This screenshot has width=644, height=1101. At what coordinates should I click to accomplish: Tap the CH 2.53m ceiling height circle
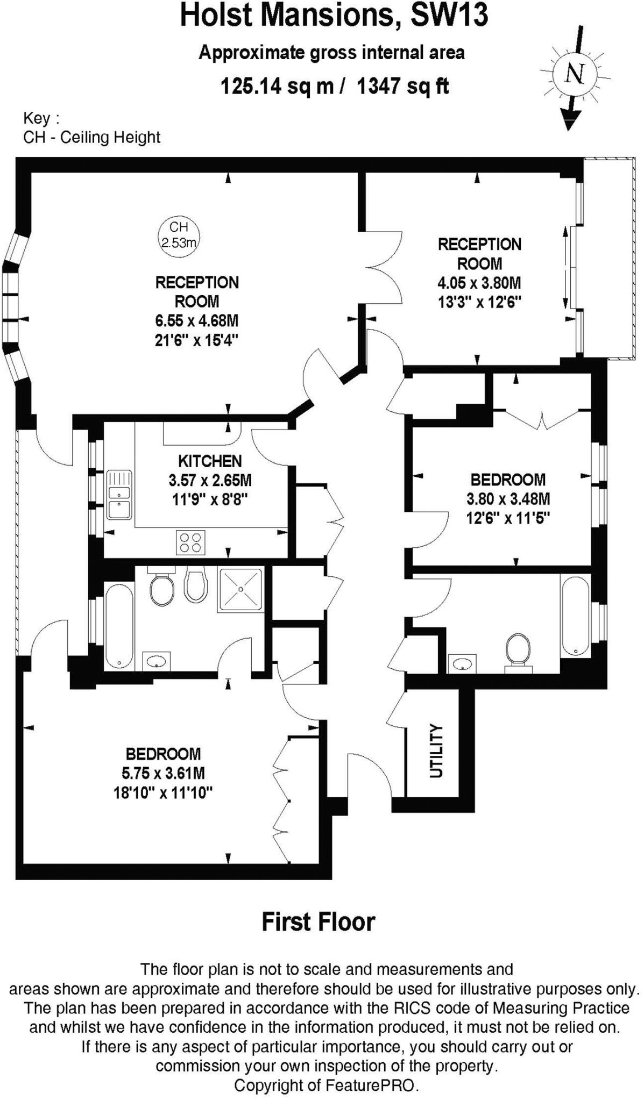click(x=179, y=235)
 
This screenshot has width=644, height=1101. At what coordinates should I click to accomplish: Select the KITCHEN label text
click(x=210, y=461)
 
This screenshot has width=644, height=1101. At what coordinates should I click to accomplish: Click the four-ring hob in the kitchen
click(x=190, y=542)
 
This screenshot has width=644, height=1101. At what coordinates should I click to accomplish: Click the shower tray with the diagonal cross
click(x=240, y=590)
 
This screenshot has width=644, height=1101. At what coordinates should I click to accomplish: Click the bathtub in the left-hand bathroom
click(x=119, y=626)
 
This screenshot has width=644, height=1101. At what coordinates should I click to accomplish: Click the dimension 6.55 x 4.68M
click(x=197, y=321)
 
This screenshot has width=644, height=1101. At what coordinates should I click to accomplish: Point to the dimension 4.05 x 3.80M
click(x=479, y=283)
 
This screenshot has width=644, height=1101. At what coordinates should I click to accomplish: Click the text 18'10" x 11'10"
click(x=163, y=792)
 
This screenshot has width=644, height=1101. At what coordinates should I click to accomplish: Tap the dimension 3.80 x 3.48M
click(x=508, y=499)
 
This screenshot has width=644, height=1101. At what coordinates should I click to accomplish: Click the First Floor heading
click(x=318, y=921)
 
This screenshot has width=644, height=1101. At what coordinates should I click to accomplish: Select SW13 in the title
click(x=449, y=15)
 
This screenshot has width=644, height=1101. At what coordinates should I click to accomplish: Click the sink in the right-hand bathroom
click(x=462, y=663)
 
